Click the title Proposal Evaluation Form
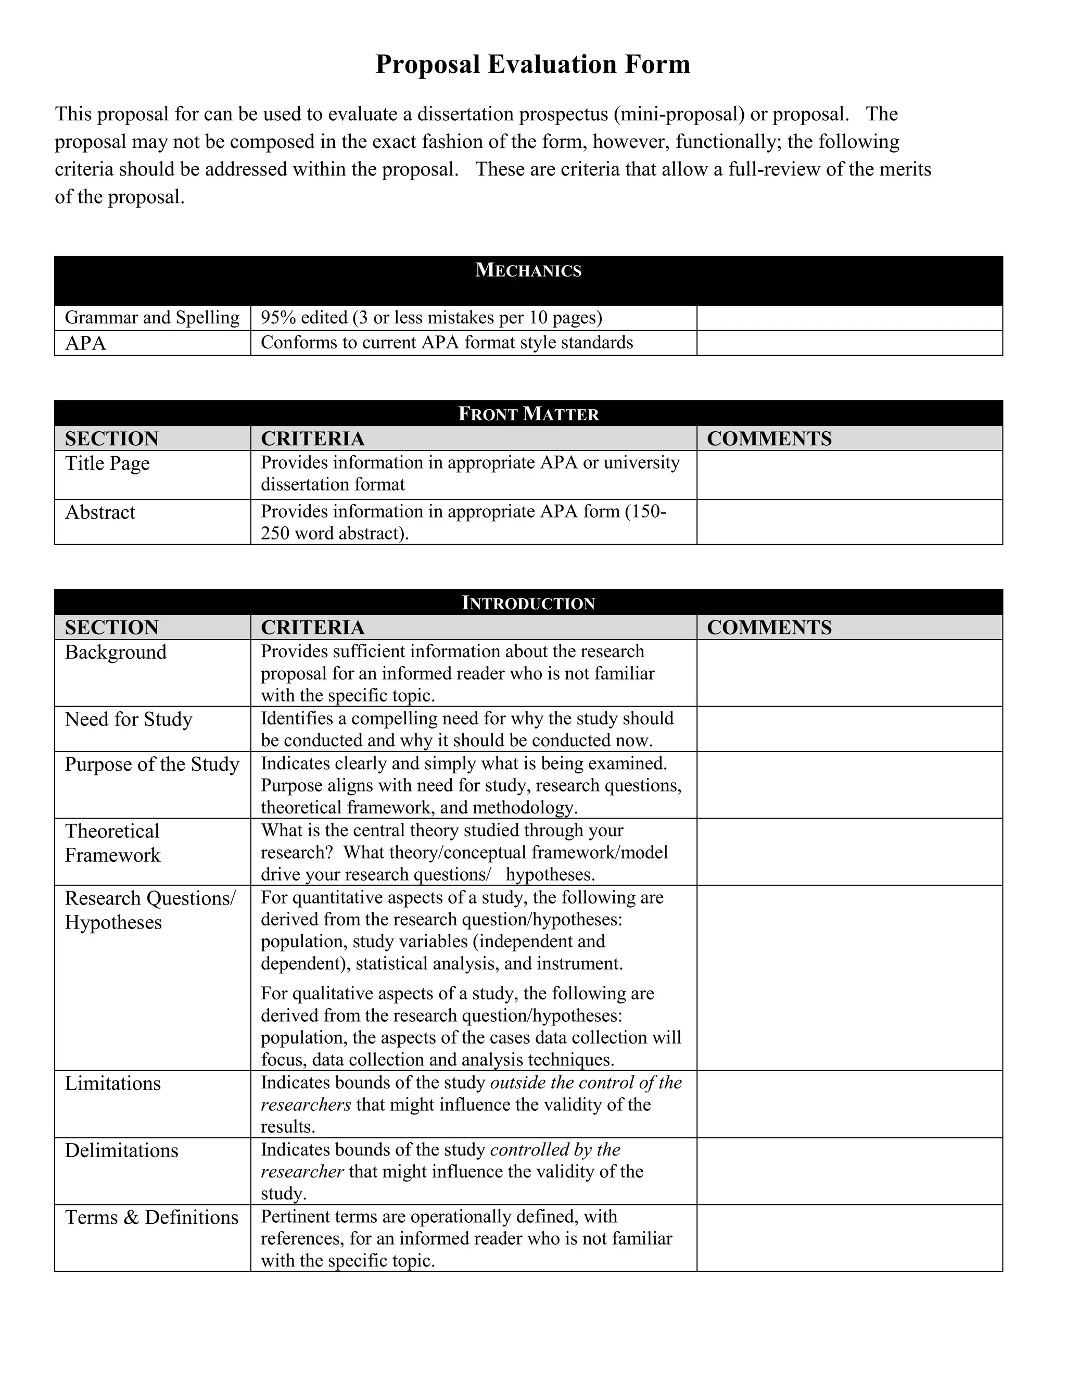pos(532,65)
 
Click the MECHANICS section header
pos(528,270)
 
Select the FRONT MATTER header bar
pos(528,414)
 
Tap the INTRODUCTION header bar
pos(528,603)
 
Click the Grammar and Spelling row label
pos(152,317)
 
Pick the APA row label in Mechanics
pos(86,343)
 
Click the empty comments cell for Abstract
pos(849,522)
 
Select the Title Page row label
pos(107,463)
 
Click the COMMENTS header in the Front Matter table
pos(769,438)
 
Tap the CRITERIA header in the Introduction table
pos(313,628)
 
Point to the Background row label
pos(116,652)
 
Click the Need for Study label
pos(128,719)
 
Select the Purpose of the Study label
pos(152,764)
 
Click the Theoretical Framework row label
pos(112,843)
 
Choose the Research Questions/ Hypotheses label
pos(150,910)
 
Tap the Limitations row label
pos(112,1083)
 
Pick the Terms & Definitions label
pos(151,1217)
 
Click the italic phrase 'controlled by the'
pos(555,1149)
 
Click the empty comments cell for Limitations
pos(849,1104)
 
